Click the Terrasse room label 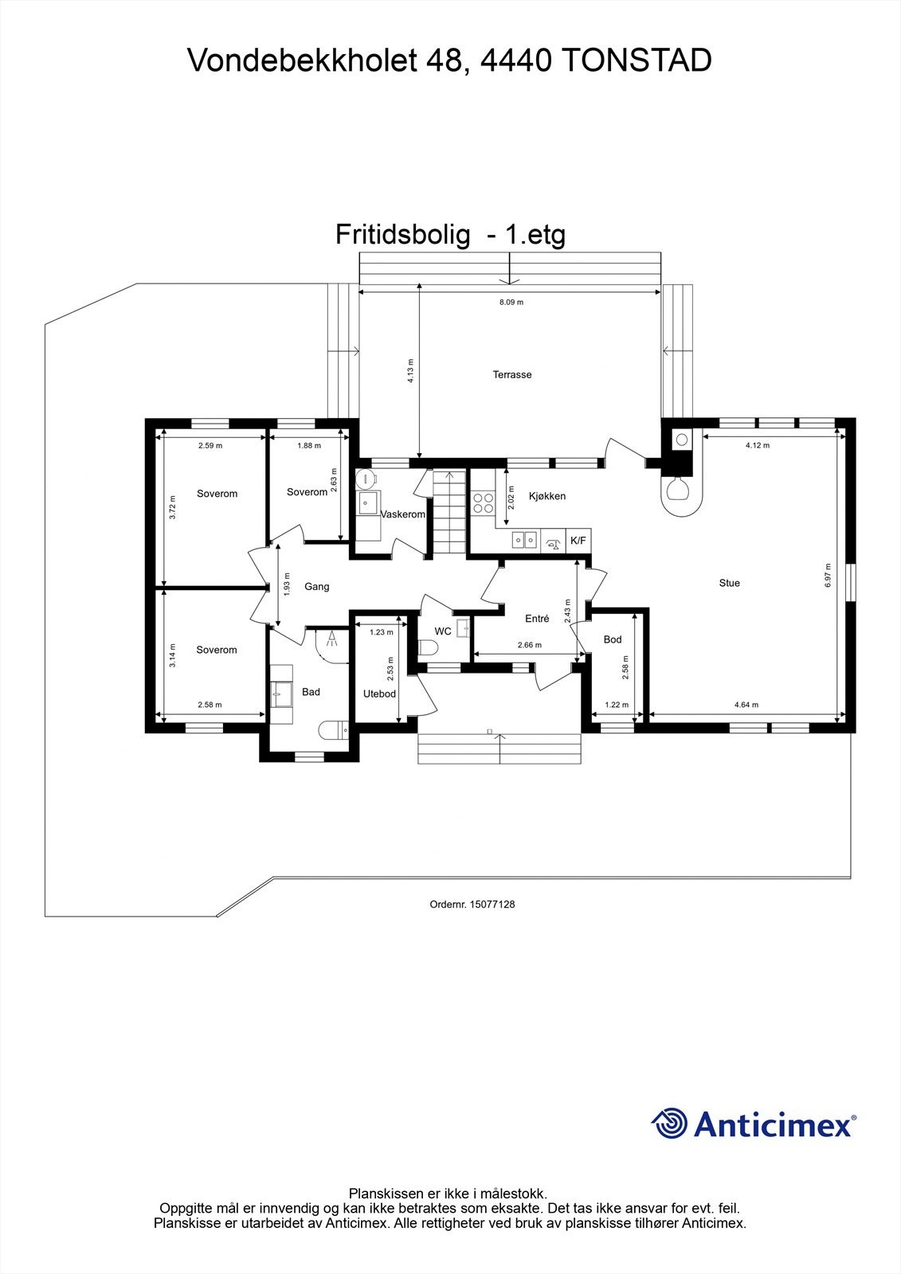pos(511,374)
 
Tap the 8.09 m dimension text pos(511,303)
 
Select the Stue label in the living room pos(729,583)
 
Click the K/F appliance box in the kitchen pos(578,541)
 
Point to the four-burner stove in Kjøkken pos(483,502)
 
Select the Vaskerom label pos(403,514)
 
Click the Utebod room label pos(379,694)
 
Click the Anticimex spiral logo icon pos(669,1124)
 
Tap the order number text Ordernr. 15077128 pos(472,905)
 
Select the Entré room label pos(537,619)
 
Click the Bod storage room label pos(612,639)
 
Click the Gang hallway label pos(316,587)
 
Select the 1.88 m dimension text pos(308,446)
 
